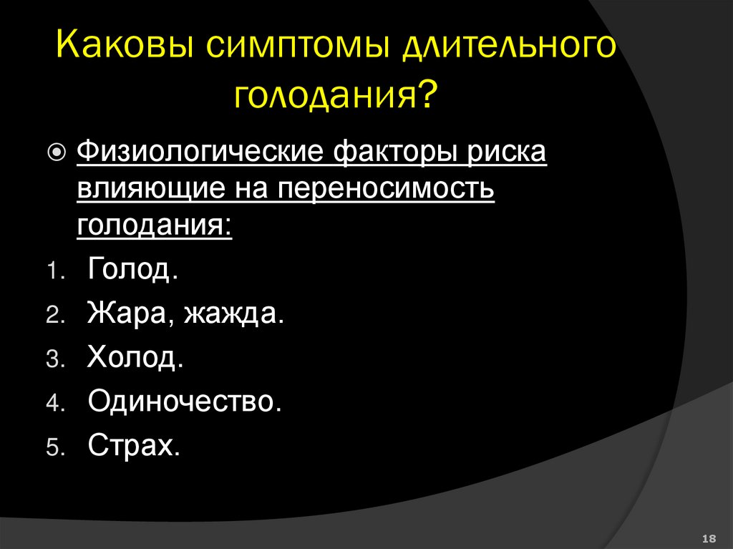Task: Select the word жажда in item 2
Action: coord(234,314)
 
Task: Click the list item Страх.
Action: coord(134,445)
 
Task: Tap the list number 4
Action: coord(56,404)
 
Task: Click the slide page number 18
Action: coord(711,538)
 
